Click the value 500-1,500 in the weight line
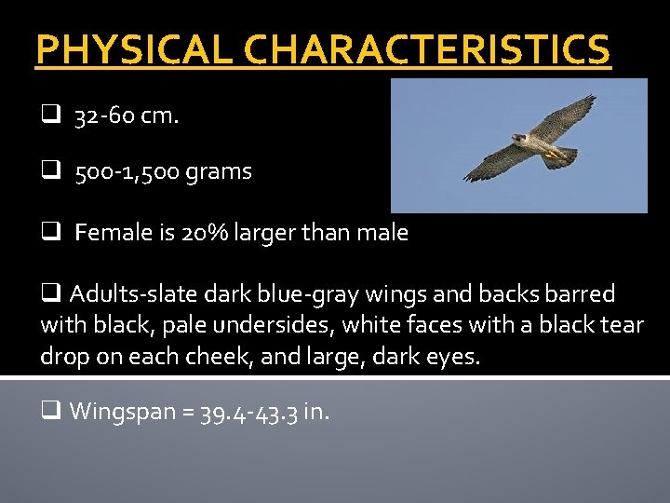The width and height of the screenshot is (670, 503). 129,172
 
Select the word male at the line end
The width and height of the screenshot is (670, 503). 384,232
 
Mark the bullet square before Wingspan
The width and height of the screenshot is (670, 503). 51,411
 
